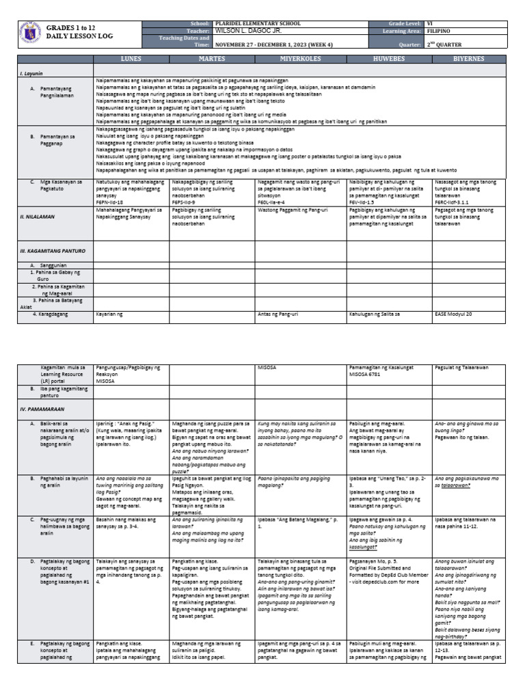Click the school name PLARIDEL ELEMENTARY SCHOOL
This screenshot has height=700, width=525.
252,23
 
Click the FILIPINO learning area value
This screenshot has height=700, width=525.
440,31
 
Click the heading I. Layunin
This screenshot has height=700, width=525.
31,72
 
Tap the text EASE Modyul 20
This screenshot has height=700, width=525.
453,314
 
